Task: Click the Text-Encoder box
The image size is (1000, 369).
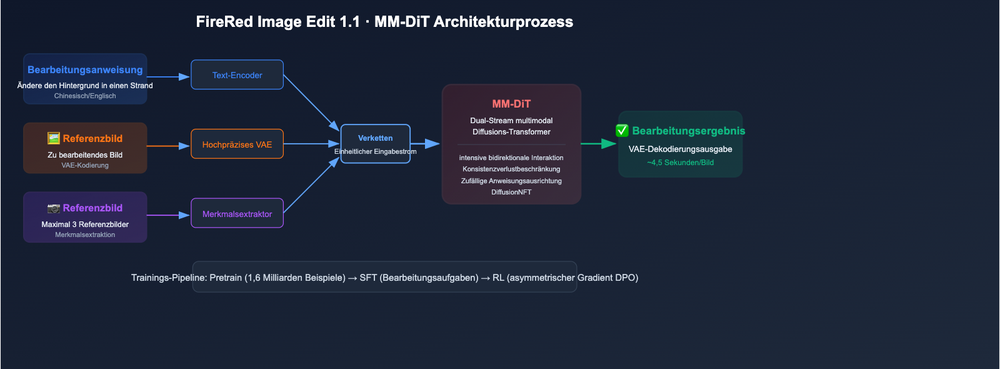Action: pyautogui.click(x=237, y=75)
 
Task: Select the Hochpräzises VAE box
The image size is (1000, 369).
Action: pyautogui.click(x=237, y=144)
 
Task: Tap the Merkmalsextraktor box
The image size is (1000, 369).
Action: pyautogui.click(x=237, y=214)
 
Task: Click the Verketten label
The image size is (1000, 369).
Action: pyautogui.click(x=375, y=138)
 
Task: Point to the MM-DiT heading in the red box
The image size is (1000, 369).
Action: pyautogui.click(x=511, y=104)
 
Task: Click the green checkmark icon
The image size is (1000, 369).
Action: pyautogui.click(x=622, y=131)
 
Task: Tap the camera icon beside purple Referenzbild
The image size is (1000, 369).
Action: pyautogui.click(x=54, y=208)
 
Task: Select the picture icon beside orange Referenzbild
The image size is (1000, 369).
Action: pyautogui.click(x=54, y=138)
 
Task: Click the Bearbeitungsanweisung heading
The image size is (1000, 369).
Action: pyautogui.click(x=85, y=70)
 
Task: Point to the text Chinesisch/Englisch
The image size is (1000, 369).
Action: pyautogui.click(x=85, y=96)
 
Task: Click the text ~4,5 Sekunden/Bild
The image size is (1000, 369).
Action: pyautogui.click(x=680, y=163)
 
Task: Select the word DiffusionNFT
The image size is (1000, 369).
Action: pyautogui.click(x=511, y=192)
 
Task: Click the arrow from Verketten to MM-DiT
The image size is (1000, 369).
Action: pyautogui.click(x=426, y=144)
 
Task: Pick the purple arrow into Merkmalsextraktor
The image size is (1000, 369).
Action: pyautogui.click(x=169, y=215)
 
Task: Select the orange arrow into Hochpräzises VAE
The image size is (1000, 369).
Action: pyautogui.click(x=169, y=146)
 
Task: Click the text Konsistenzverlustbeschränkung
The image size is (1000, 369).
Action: pyautogui.click(x=511, y=169)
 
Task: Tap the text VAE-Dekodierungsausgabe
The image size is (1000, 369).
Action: pyautogui.click(x=680, y=149)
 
